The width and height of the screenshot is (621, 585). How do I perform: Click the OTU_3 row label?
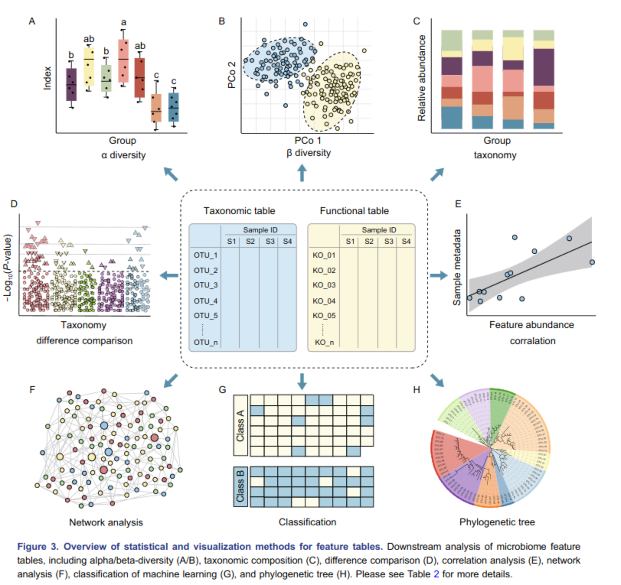tap(206, 285)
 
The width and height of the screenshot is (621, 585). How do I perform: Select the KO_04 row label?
tap(324, 301)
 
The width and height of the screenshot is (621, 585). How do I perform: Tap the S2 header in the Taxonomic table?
tap(250, 242)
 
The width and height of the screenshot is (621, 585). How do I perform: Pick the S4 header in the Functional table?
tap(406, 242)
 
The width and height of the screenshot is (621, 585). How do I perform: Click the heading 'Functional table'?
tap(354, 211)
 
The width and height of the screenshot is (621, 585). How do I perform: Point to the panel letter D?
tap(14, 204)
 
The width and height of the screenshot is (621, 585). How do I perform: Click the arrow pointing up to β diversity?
tap(302, 173)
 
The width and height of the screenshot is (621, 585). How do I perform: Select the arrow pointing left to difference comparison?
tap(169, 275)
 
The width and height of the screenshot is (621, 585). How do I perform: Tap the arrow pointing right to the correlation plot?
tap(439, 275)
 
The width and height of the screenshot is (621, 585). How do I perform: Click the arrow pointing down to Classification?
tap(302, 381)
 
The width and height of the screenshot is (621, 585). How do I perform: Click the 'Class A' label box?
tap(240, 425)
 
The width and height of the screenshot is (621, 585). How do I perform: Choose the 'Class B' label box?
tap(240, 486)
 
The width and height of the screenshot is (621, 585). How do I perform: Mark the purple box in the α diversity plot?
tap(71, 84)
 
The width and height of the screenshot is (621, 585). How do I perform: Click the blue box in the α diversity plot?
tap(174, 107)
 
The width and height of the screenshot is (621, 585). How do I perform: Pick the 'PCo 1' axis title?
tap(307, 141)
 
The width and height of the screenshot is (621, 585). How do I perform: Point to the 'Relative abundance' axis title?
tap(422, 78)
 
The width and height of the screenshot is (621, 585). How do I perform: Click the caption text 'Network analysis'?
tap(106, 522)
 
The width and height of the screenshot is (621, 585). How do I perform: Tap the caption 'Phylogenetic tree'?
tap(497, 522)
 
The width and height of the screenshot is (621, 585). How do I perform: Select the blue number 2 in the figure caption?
tap(436, 574)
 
